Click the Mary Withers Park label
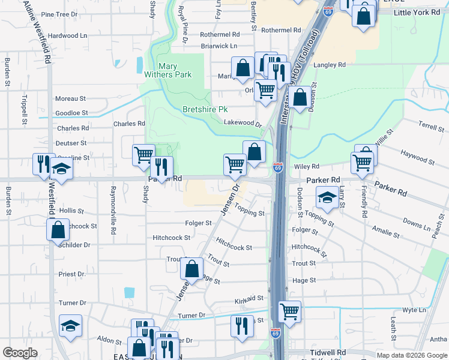click(167, 70)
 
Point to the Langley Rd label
click(330, 65)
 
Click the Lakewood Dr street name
click(243, 122)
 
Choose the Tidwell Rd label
click(328, 352)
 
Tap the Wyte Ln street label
click(414, 310)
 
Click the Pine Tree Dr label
click(59, 14)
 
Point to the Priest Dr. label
click(72, 274)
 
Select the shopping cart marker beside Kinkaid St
click(289, 311)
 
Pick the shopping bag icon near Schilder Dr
click(57, 230)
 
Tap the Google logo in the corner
click(20, 353)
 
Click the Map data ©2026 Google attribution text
click(412, 355)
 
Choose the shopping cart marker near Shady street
click(143, 155)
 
